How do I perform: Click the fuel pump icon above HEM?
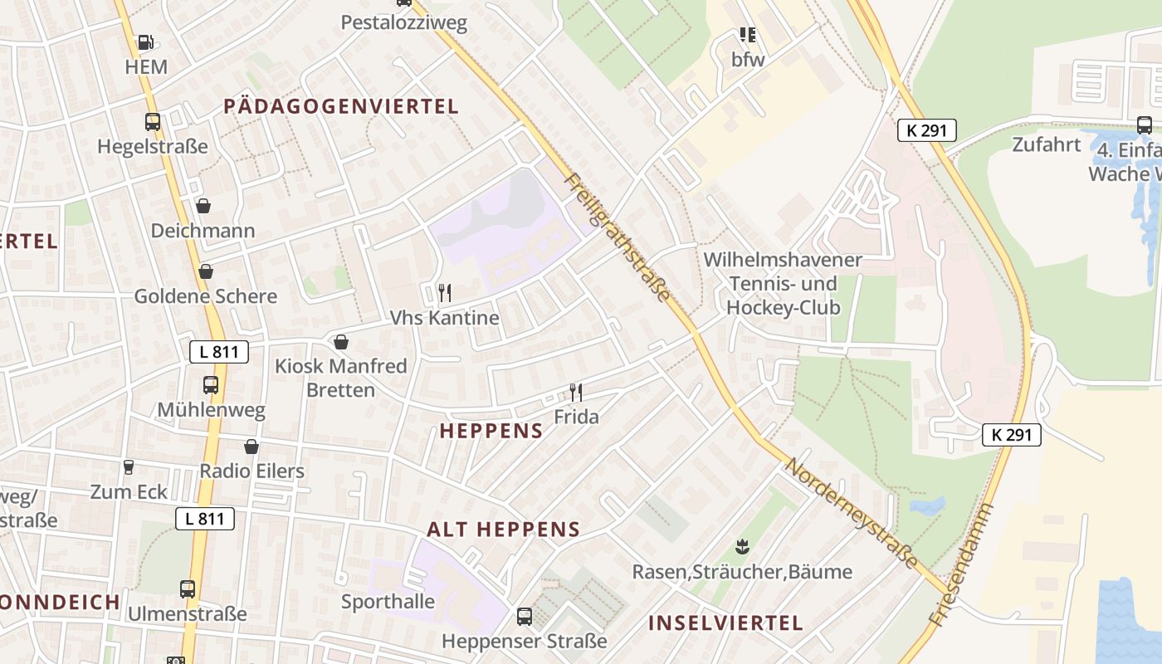coord(146,41)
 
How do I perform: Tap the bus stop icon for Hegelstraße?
coord(153,122)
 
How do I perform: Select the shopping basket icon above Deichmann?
coord(203,205)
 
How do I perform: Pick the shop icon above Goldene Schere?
coord(206,271)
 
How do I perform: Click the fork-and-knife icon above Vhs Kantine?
coord(445,292)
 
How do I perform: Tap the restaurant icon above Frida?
coord(576,392)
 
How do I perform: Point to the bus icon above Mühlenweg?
coord(211,385)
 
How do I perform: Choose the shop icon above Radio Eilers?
coord(251,447)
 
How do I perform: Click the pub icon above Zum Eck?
coord(129,466)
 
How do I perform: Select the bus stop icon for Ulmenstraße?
coord(188,589)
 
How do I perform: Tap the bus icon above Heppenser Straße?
coord(525,617)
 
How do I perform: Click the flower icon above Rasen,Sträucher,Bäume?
coord(742,547)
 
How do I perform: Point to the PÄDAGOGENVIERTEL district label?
coord(341,106)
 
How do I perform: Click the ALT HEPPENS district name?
coord(503,530)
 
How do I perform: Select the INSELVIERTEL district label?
coord(725,623)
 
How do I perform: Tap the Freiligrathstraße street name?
coord(617,237)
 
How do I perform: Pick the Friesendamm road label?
coord(961,564)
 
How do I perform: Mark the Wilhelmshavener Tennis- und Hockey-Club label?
coord(783,284)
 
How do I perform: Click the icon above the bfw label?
coord(748,35)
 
